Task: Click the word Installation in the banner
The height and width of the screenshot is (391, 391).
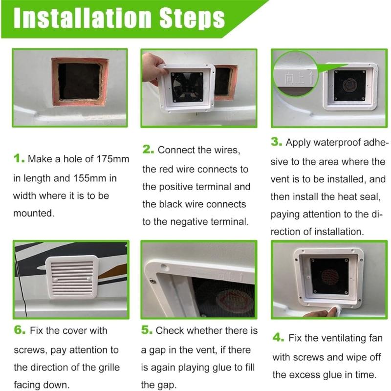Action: pos(83,18)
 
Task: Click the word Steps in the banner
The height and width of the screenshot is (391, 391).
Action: pos(192,19)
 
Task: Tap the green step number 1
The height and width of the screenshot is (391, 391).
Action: pos(19,158)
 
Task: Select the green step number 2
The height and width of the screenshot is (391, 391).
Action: pos(148,150)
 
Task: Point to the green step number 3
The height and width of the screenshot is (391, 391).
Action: pos(277,142)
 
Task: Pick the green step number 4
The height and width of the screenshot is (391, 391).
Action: pos(278,337)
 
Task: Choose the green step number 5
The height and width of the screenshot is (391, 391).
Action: pos(147,330)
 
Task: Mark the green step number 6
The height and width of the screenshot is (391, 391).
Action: pos(20,330)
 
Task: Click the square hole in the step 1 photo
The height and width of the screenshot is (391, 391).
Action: pos(80,82)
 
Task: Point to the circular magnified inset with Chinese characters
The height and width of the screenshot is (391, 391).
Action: pos(296,74)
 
